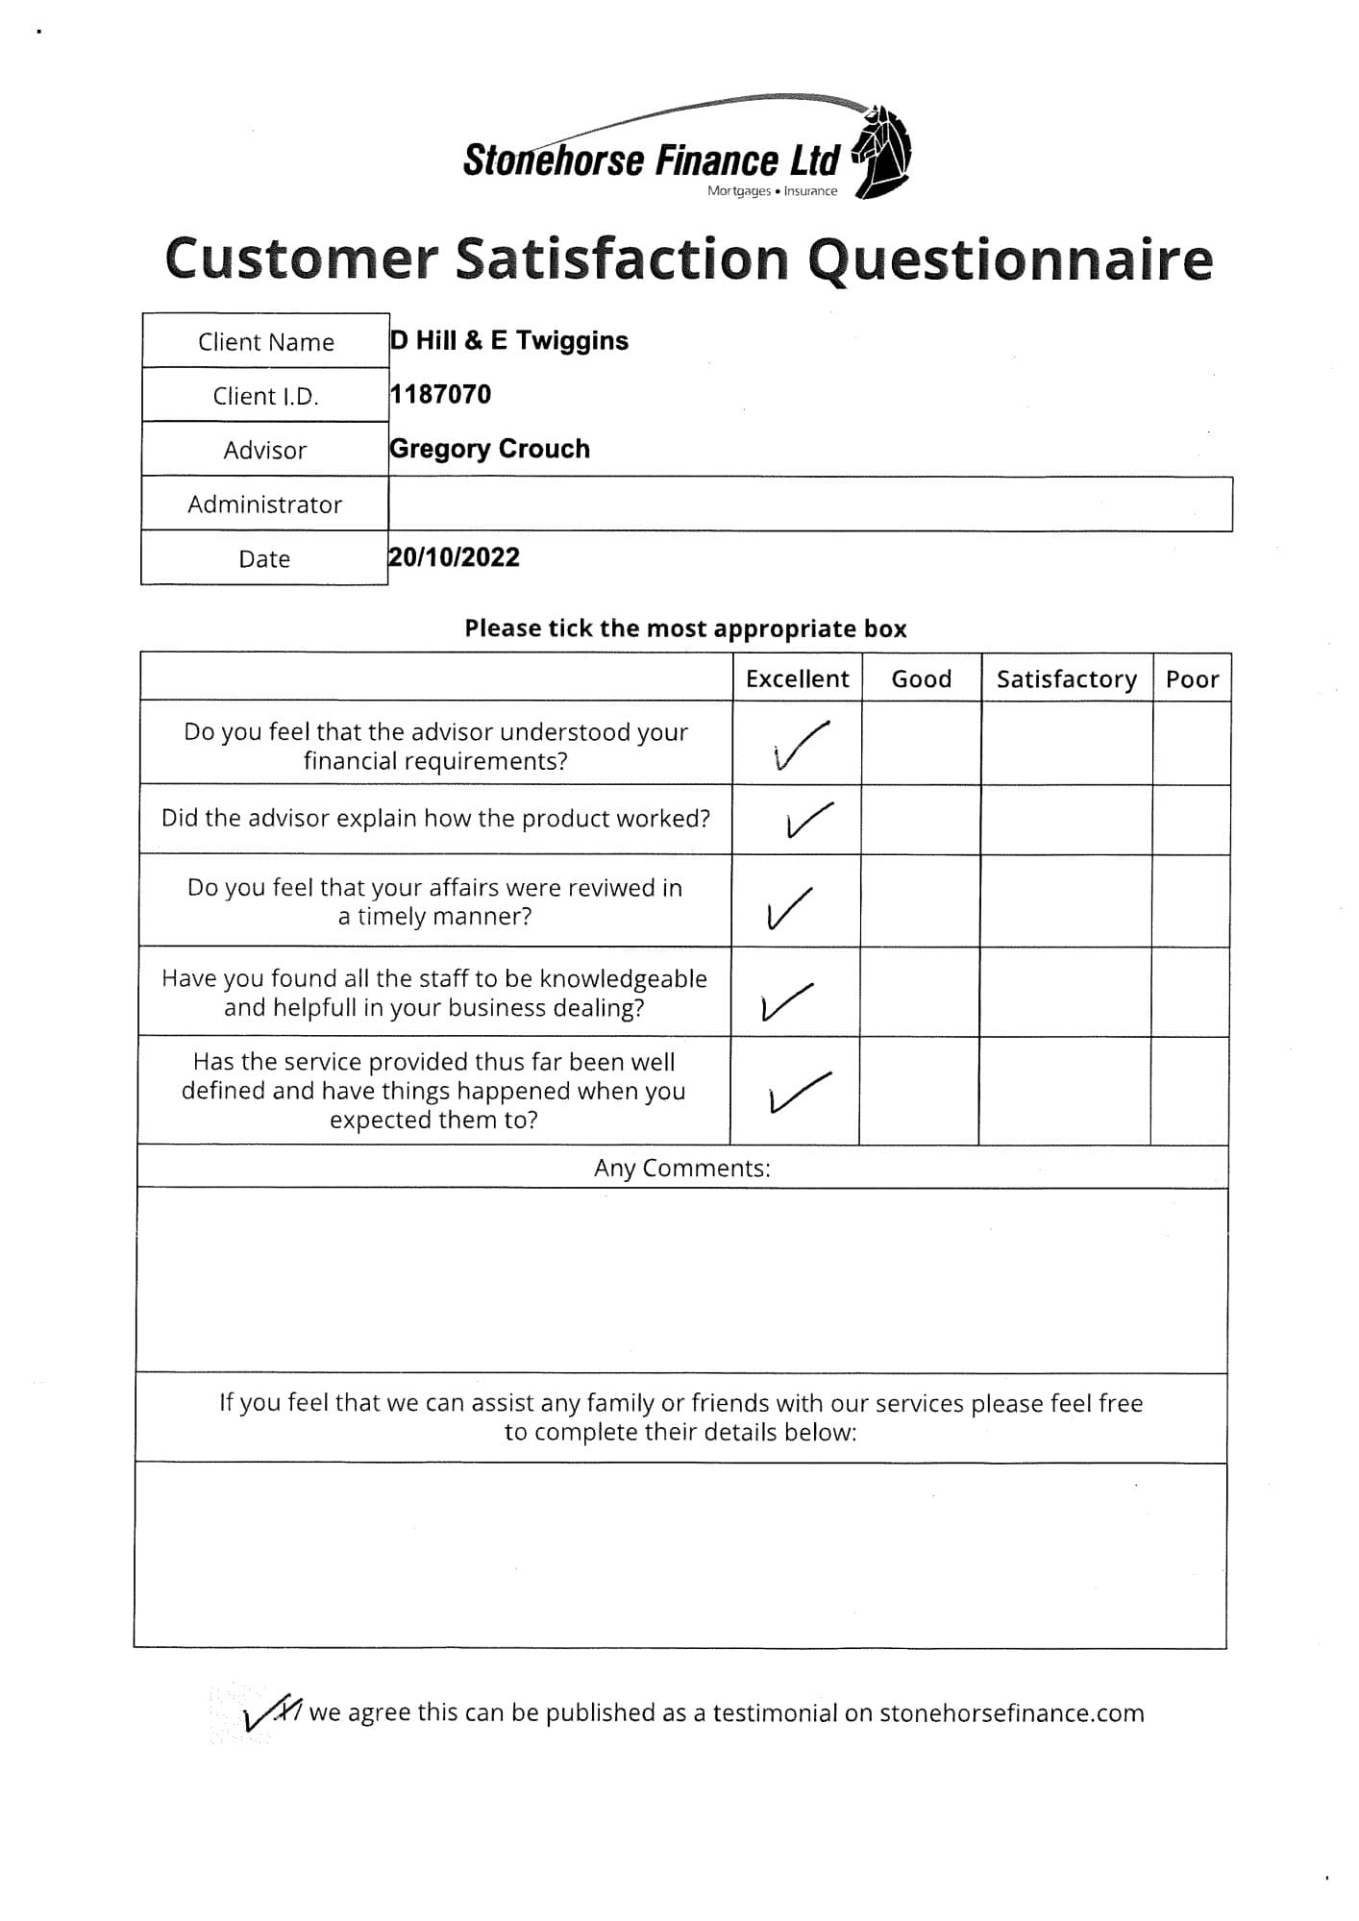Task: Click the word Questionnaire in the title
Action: click(x=1009, y=259)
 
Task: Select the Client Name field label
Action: click(x=265, y=342)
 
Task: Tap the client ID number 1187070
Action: click(x=440, y=395)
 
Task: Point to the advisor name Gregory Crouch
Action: click(x=489, y=449)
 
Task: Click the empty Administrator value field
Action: click(x=809, y=505)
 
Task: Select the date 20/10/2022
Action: click(x=454, y=557)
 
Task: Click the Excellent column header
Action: click(x=797, y=678)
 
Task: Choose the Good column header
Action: click(x=921, y=678)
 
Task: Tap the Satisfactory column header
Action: click(x=1066, y=678)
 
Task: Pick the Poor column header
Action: click(x=1192, y=678)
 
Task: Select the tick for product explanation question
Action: click(x=808, y=820)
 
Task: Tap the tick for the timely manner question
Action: click(x=789, y=908)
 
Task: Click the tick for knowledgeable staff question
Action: click(x=786, y=1000)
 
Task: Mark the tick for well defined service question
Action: click(x=798, y=1092)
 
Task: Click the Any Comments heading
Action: click(x=681, y=1168)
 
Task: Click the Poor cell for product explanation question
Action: click(x=1190, y=820)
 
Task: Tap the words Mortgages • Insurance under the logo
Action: click(x=772, y=191)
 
